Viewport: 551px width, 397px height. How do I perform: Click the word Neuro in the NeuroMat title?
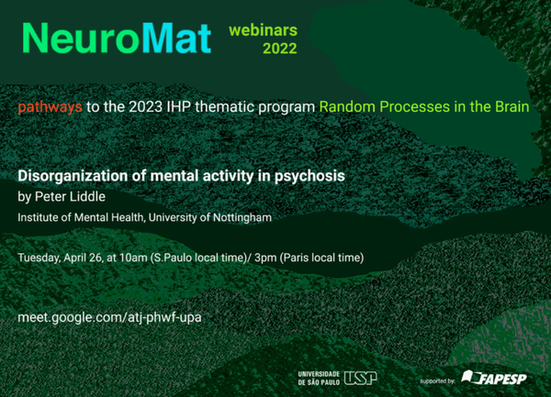pyautogui.click(x=81, y=39)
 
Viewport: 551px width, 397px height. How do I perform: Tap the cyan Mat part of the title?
pyautogui.click(x=176, y=39)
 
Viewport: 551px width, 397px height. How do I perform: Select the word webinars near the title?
pyautogui.click(x=263, y=30)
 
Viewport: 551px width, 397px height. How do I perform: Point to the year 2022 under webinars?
pyautogui.click(x=280, y=49)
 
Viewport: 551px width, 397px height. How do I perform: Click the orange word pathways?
pyautogui.click(x=50, y=107)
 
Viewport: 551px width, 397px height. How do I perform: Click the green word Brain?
pyautogui.click(x=512, y=106)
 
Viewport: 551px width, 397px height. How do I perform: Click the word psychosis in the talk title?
pyautogui.click(x=309, y=176)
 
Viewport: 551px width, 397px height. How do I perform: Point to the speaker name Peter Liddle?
pyautogui.click(x=70, y=196)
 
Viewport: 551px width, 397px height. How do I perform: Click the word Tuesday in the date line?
pyautogui.click(x=39, y=258)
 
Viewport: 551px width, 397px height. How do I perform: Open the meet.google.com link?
pyautogui.click(x=109, y=317)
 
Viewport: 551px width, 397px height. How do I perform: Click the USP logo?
pyautogui.click(x=360, y=378)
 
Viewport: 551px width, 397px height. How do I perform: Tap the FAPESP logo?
pyautogui.click(x=494, y=378)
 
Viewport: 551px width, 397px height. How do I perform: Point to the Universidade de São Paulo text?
pyautogui.click(x=319, y=378)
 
